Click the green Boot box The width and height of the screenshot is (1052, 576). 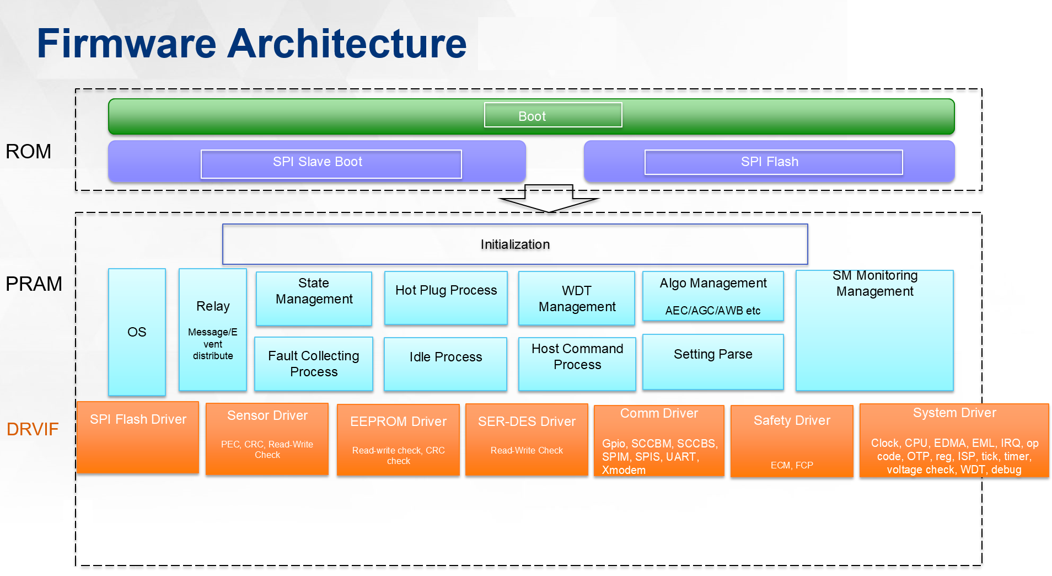(x=532, y=116)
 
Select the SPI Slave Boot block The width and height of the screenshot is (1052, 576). (x=317, y=162)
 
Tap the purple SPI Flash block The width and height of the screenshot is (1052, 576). (x=769, y=162)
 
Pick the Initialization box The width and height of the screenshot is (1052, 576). (x=515, y=244)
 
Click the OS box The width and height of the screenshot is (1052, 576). (x=137, y=332)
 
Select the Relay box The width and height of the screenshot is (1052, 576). (x=213, y=330)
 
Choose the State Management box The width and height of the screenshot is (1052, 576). (x=314, y=298)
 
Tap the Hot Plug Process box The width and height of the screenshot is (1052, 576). (x=446, y=298)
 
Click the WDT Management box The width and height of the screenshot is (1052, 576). (x=577, y=298)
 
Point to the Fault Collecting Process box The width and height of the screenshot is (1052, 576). (x=314, y=364)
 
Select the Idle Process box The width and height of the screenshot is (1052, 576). (x=446, y=364)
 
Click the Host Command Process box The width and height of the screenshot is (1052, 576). (x=577, y=364)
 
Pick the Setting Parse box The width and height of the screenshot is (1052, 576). (x=713, y=362)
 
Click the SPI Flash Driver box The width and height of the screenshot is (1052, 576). (x=138, y=438)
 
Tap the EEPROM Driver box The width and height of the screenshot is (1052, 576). (x=398, y=440)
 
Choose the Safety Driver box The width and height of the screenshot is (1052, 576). (x=792, y=441)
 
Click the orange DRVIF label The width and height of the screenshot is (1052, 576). (x=33, y=429)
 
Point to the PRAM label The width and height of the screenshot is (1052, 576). (x=34, y=284)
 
